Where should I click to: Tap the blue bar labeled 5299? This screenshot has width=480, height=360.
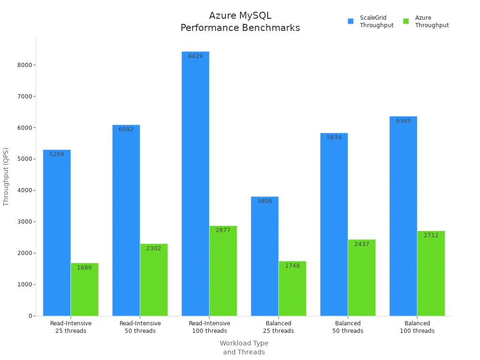coord(57,234)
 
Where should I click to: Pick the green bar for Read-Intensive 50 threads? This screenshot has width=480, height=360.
coord(154,281)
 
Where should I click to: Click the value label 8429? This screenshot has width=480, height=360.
coord(195,56)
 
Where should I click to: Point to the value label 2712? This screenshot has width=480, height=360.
coord(431,235)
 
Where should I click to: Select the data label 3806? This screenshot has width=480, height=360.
coord(265,201)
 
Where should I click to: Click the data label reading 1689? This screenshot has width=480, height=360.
coord(84,268)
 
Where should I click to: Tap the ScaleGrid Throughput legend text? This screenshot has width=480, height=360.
coord(376,22)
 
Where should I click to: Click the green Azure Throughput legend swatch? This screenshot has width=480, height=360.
coord(406,21)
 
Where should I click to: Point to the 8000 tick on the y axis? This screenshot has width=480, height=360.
coord(24,65)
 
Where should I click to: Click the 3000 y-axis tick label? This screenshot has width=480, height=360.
coord(24,222)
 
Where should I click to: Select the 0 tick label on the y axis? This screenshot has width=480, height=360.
coord(30,316)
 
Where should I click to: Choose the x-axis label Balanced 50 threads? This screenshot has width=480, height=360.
coord(348,327)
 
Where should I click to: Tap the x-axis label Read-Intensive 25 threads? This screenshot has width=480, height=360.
coord(71,327)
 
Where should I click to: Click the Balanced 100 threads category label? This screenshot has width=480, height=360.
coord(417,327)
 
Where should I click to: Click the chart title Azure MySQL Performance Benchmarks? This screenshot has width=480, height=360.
coord(240,22)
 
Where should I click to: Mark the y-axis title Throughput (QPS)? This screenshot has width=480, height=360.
coord(6,177)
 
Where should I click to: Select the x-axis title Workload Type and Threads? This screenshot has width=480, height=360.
coord(244,347)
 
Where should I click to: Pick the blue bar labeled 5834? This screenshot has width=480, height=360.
coord(334,225)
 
